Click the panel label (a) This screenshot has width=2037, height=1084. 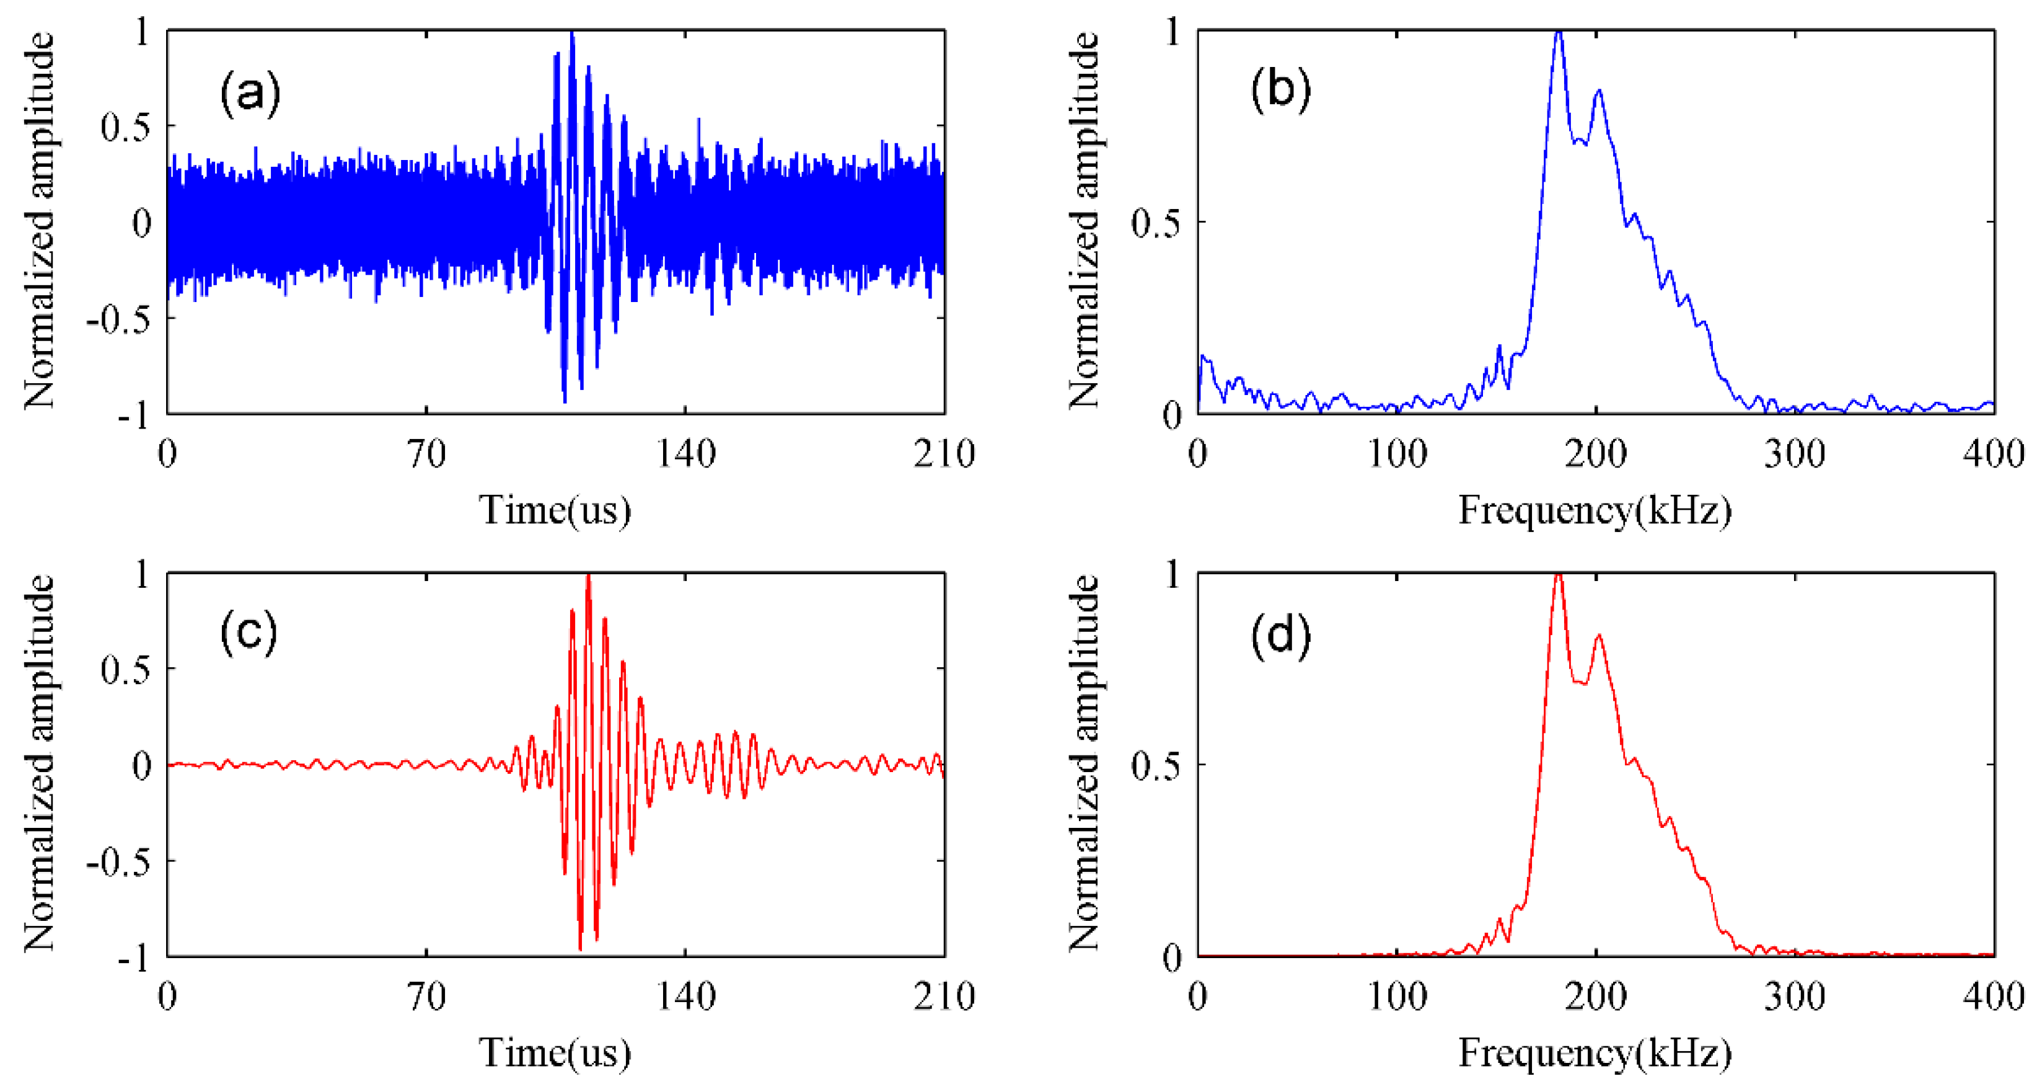point(250,94)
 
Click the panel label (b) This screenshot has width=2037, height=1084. point(1280,89)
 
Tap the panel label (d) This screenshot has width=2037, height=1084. point(1280,634)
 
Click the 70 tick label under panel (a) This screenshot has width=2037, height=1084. point(426,454)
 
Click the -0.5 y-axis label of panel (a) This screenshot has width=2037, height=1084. point(118,319)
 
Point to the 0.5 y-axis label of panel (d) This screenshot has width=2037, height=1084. point(1155,765)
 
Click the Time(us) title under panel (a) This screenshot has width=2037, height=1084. point(555,510)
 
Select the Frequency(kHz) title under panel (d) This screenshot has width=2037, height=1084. point(1595,1053)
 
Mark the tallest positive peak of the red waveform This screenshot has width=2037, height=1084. point(588,577)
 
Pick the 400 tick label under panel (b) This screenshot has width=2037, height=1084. point(1993,454)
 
